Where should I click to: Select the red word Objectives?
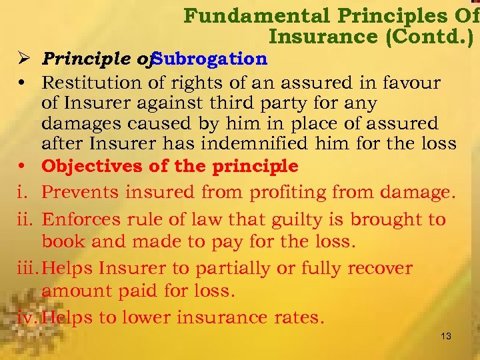[x=91, y=165]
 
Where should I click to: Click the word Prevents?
[x=83, y=193]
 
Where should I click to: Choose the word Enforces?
[x=85, y=220]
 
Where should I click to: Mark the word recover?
[x=381, y=268]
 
